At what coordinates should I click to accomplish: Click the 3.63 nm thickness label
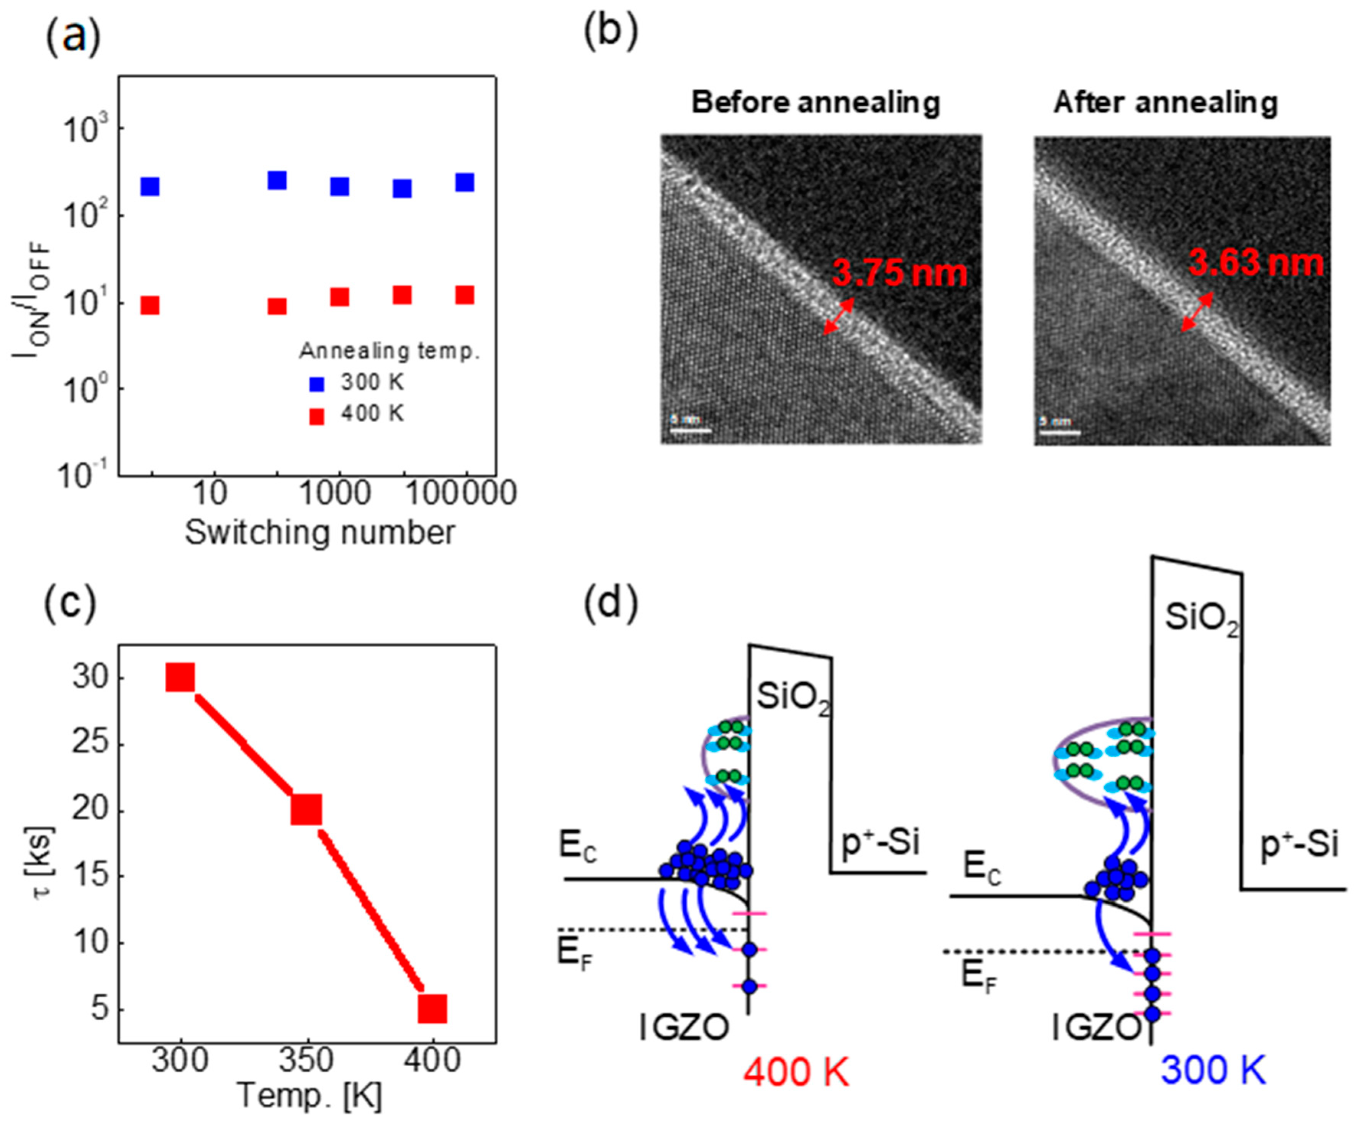tap(1256, 263)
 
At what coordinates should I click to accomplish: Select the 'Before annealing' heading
tap(815, 103)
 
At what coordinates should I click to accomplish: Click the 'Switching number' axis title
tap(320, 533)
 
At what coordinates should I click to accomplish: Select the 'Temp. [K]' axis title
tap(309, 1096)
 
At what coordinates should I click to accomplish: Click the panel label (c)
tap(70, 602)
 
